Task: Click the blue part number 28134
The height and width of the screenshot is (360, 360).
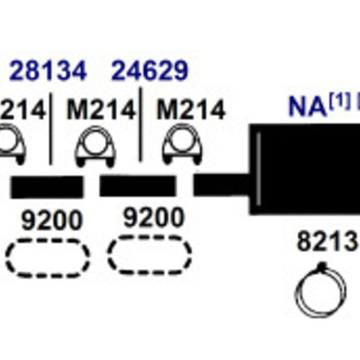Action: [x=48, y=71]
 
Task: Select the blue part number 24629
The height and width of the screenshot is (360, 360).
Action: [x=150, y=71]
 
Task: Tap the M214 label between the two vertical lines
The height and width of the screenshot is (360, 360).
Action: [x=101, y=110]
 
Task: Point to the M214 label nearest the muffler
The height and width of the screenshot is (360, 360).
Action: [x=191, y=110]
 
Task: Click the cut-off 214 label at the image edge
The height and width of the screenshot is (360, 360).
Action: [x=22, y=110]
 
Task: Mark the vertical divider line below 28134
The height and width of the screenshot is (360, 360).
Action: [x=50, y=129]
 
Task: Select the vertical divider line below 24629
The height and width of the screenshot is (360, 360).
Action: [x=140, y=124]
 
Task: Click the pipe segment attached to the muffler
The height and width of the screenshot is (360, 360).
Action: [x=222, y=185]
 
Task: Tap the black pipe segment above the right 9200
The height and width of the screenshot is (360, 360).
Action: [x=138, y=185]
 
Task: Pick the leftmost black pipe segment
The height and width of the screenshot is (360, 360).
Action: [x=47, y=187]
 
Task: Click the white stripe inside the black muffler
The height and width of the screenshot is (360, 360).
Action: [x=259, y=169]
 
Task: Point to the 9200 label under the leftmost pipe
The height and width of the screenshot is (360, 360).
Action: [x=51, y=220]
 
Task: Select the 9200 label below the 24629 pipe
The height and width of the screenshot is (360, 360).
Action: [x=153, y=218]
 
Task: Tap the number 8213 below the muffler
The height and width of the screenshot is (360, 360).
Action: [x=328, y=241]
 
